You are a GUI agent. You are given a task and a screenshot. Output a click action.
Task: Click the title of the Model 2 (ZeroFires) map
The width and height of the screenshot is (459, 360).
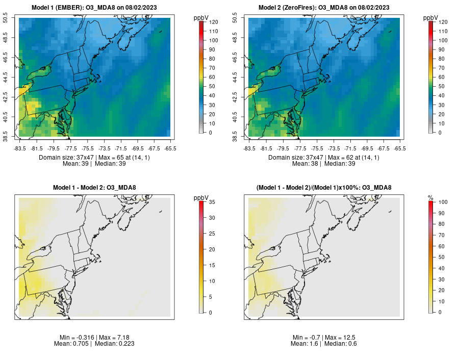tap(324, 8)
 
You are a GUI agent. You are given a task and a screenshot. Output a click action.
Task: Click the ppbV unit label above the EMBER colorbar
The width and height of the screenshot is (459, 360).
tap(201, 18)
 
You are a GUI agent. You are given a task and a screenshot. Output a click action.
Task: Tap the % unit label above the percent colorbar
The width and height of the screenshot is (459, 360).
tap(430, 198)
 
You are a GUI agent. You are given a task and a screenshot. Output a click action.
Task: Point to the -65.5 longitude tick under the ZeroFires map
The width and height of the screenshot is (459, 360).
tap(400, 148)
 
